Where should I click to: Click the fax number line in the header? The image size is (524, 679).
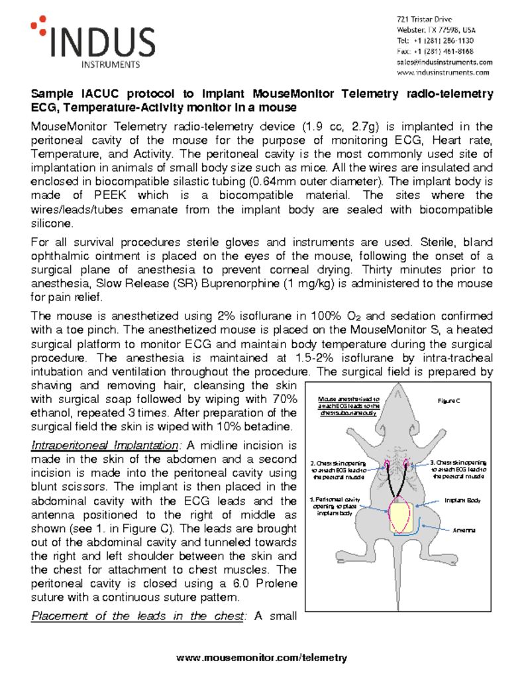pos(435,51)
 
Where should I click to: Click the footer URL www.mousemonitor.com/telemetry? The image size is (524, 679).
pos(262,658)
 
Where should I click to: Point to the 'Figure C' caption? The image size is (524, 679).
pos(449,401)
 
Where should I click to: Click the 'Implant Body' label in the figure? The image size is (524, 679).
pos(462,500)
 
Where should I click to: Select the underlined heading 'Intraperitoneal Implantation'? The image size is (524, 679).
pos(103,445)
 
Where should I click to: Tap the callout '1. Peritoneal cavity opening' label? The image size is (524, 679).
pos(335,506)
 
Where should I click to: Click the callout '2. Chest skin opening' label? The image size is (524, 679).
pos(337,469)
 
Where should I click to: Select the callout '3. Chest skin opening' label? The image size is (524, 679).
pos(458,469)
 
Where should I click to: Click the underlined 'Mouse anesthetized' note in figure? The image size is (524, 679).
pos(347,405)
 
